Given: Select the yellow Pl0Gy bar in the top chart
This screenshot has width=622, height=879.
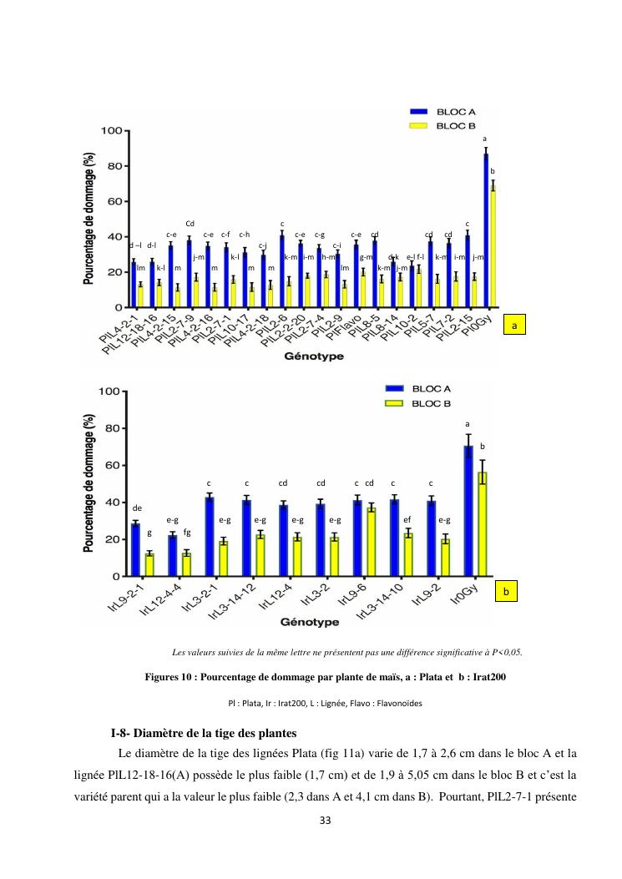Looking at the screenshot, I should pos(493,246).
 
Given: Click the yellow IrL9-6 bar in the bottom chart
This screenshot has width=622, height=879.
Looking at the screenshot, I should pos(371,542).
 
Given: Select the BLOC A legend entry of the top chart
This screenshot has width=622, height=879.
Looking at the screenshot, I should pos(447,111).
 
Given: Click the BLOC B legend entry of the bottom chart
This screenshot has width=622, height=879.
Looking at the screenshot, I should pos(422,402).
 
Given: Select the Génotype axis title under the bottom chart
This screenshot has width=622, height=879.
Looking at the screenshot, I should pos(310,622).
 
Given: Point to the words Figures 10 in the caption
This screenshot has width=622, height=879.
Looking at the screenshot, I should pos(169,677).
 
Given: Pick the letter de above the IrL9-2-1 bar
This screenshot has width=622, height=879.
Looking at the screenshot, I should pos(137,507).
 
